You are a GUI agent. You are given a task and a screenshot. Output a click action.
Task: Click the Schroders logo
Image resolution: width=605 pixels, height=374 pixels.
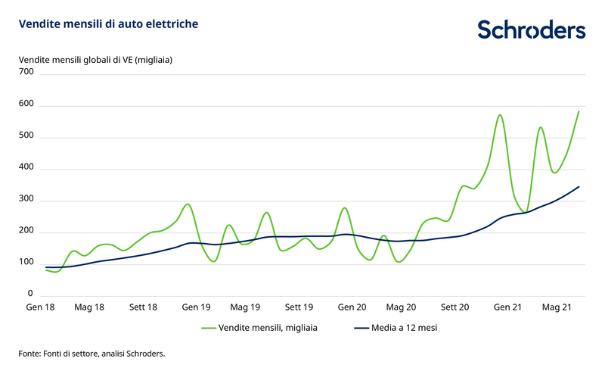(531, 30)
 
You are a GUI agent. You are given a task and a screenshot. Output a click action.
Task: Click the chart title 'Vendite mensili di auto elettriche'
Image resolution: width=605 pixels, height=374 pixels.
(108, 24)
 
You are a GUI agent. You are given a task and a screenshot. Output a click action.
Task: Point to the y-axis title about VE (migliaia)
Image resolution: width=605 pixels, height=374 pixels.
(96, 58)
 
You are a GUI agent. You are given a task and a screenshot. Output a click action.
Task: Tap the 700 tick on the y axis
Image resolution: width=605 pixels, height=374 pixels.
(26, 73)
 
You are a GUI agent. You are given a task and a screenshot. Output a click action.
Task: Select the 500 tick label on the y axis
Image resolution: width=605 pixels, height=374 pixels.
(26, 136)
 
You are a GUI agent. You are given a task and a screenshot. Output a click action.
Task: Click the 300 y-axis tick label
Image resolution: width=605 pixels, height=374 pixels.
(26, 200)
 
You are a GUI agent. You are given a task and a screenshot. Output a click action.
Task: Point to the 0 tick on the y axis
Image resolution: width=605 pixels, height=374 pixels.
(31, 294)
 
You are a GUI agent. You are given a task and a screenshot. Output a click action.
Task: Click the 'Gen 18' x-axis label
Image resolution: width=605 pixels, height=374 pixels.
(39, 307)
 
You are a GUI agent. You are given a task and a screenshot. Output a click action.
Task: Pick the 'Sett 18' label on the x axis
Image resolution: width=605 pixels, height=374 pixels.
(143, 307)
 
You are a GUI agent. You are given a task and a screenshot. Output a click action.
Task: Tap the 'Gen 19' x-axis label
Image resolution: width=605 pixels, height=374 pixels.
(196, 307)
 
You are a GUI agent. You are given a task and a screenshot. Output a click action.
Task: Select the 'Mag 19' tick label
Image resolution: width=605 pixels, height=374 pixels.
(245, 307)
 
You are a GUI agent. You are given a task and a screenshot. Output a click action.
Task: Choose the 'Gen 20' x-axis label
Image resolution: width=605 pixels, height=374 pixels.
(352, 307)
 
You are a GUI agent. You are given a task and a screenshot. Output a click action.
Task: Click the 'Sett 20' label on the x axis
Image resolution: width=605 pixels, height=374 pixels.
(455, 307)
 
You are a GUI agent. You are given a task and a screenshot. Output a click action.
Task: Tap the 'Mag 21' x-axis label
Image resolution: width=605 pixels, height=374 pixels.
(556, 307)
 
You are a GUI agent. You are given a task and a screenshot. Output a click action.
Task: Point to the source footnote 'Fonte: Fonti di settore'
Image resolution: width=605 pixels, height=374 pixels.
(92, 354)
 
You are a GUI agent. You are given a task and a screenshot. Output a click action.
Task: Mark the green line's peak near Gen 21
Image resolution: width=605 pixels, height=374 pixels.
(500, 115)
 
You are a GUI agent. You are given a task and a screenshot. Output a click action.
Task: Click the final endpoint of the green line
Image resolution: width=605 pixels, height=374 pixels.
(579, 111)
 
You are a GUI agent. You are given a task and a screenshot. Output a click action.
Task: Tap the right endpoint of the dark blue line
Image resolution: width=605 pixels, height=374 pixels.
(579, 186)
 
